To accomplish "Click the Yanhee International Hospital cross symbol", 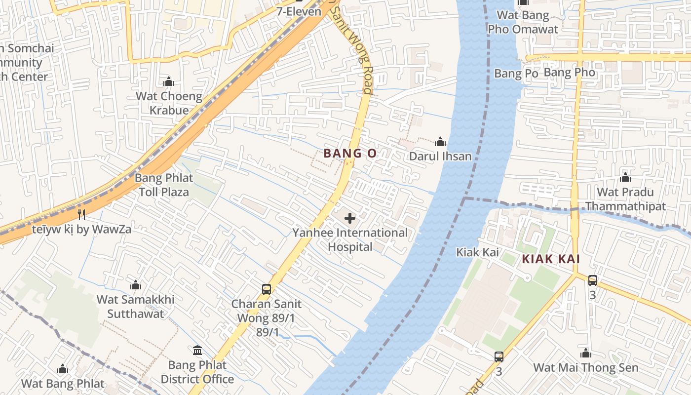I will [x=350, y=218].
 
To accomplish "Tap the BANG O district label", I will [x=350, y=154].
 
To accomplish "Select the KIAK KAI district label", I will [x=550, y=259].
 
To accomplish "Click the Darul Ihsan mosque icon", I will [x=440, y=143].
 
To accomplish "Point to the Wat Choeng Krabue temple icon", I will [x=169, y=81].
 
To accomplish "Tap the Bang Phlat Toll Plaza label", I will [x=164, y=185].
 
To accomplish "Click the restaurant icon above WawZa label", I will [x=82, y=215].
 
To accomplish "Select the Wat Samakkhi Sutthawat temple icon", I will [x=136, y=285].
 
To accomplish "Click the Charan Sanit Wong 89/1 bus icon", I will [x=267, y=289].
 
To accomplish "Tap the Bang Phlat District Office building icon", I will [x=197, y=351].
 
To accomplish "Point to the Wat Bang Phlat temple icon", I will [x=63, y=369].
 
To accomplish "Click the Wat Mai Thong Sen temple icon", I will [x=586, y=353].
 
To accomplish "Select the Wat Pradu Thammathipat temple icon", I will [x=625, y=177].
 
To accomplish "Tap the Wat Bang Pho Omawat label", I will [x=523, y=22].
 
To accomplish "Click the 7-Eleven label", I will [x=299, y=11].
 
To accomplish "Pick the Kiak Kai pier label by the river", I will [x=477, y=252].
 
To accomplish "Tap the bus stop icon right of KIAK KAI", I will [x=593, y=280].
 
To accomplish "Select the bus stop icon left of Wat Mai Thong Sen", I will [x=499, y=356].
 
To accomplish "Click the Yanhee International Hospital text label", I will [x=350, y=239].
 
